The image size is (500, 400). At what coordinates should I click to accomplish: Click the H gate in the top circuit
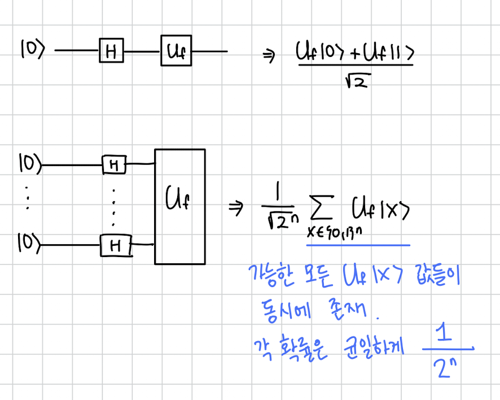[111, 52]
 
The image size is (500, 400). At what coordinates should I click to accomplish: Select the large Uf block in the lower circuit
[180, 206]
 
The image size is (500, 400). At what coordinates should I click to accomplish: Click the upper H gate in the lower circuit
[113, 165]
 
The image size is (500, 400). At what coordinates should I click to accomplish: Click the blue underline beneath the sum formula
[358, 246]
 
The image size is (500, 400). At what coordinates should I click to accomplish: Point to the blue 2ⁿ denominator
[444, 368]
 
